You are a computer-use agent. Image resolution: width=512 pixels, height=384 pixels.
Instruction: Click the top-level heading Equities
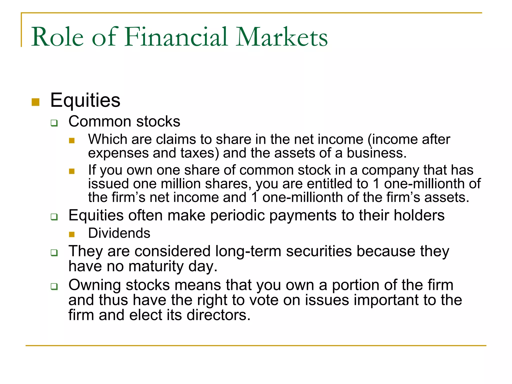[85, 100]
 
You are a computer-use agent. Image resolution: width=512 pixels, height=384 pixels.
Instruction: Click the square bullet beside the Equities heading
[36, 102]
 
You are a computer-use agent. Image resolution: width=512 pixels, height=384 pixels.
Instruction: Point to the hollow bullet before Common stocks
[54, 123]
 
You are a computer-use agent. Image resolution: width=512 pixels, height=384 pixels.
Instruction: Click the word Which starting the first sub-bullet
[107, 139]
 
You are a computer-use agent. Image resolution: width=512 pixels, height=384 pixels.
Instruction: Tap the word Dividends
[119, 233]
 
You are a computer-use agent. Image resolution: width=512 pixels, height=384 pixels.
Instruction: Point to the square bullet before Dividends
[72, 234]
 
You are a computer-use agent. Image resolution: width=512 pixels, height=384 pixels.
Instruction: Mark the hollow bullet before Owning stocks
[54, 286]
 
